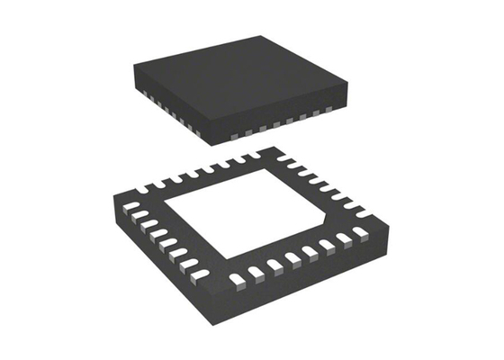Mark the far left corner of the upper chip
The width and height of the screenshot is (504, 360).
click(132, 67)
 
